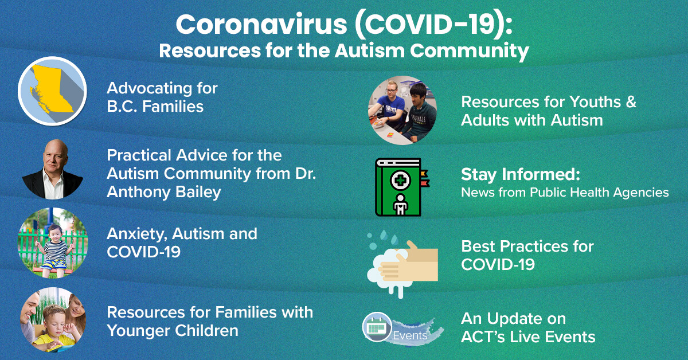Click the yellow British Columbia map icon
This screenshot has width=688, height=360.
52,91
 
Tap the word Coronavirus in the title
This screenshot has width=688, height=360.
261,25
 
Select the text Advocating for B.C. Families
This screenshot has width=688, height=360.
162,97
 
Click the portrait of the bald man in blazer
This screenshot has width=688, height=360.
53,169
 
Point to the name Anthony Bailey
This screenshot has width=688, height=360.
164,192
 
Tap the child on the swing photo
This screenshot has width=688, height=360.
53,243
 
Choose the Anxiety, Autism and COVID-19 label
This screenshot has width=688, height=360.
182,243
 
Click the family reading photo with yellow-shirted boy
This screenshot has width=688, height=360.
53,319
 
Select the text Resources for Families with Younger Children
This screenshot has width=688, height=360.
210,322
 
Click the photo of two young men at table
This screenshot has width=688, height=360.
402,110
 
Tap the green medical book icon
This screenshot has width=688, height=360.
402,187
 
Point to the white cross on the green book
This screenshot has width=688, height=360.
400,181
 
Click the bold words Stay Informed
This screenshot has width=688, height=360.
521,174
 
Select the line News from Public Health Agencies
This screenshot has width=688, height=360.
565,193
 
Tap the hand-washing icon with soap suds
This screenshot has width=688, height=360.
402,264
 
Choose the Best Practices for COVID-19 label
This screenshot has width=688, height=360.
527,256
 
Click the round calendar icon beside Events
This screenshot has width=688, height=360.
377,327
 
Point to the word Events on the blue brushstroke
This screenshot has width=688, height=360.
410,335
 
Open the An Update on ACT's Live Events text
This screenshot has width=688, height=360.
528,328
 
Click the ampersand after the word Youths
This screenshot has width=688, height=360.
631,102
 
